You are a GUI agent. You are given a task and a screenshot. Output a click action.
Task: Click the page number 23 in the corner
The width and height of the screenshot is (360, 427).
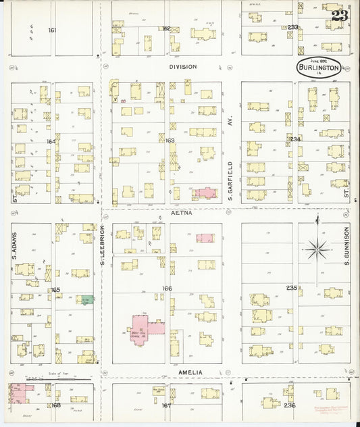[x=340, y=17]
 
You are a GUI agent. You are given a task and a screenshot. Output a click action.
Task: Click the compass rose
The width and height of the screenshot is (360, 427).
[x=317, y=250]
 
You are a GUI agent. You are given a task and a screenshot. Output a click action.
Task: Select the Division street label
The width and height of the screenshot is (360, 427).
[x=182, y=67]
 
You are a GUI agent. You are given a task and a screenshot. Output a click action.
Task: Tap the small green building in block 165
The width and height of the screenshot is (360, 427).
[x=84, y=299]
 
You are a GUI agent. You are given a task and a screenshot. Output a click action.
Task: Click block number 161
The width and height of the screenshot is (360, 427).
[x=52, y=30]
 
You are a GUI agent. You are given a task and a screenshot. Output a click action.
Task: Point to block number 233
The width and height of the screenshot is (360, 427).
[x=292, y=27]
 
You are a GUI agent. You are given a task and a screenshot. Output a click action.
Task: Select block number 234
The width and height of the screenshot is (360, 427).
[x=294, y=139]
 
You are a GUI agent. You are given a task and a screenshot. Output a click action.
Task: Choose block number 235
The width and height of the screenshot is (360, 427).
[x=291, y=288]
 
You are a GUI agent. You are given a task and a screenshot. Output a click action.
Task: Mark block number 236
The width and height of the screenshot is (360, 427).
[x=291, y=405]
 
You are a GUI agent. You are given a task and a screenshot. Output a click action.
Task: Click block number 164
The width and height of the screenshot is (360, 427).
[x=49, y=141]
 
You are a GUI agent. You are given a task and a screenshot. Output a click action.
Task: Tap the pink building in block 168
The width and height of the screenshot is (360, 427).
[x=20, y=393]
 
